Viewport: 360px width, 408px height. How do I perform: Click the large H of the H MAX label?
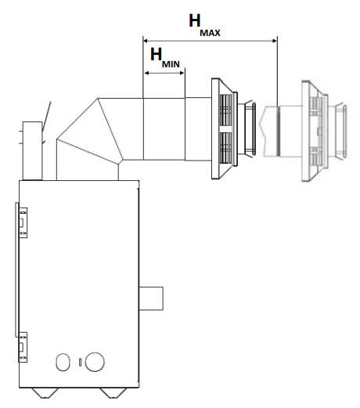click(195, 20)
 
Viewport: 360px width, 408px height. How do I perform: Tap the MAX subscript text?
click(210, 33)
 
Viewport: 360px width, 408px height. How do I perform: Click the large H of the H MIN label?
click(156, 54)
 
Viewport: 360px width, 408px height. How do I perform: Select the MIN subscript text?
click(171, 64)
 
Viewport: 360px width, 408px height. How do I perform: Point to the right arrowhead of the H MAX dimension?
click(275, 41)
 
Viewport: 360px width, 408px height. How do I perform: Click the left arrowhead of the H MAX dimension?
click(146, 41)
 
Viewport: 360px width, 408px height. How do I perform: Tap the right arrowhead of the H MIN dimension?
click(182, 73)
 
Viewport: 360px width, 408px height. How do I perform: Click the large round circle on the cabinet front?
click(95, 362)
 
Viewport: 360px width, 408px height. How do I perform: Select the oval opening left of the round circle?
click(63, 362)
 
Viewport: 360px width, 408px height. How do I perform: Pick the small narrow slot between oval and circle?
click(80, 363)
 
